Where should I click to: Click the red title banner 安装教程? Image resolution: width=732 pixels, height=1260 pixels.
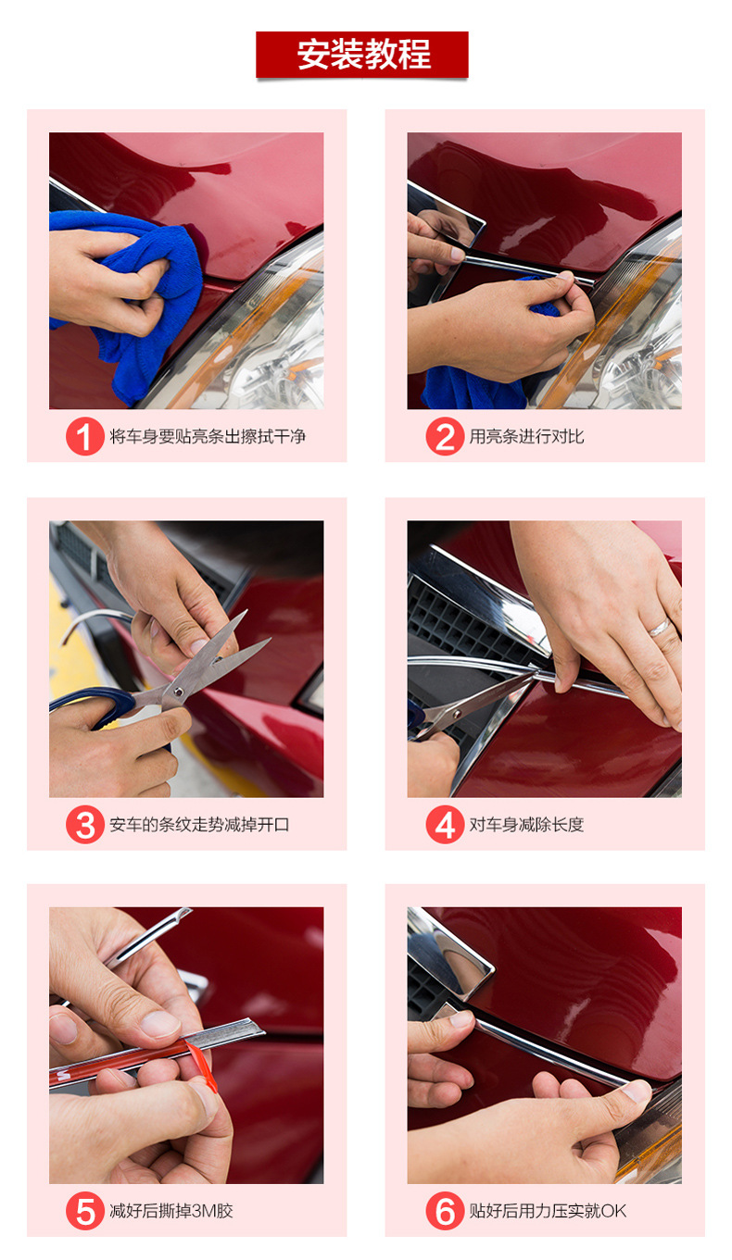click(x=362, y=55)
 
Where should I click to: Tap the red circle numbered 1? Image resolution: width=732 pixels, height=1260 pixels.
click(x=84, y=436)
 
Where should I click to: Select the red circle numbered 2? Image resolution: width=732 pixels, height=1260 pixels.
click(x=445, y=436)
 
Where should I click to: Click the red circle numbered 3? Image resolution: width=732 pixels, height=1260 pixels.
click(x=84, y=825)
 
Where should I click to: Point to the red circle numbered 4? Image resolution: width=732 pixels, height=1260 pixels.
click(x=445, y=825)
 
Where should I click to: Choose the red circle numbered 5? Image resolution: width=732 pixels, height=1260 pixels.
click(x=84, y=1211)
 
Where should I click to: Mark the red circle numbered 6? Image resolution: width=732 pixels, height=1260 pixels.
click(x=445, y=1211)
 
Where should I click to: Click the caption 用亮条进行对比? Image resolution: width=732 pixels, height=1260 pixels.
click(x=526, y=436)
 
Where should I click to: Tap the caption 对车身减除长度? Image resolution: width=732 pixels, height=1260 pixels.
click(x=526, y=825)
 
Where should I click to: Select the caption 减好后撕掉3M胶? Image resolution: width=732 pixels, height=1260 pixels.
click(x=171, y=1211)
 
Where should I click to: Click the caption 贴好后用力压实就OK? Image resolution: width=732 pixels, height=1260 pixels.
click(x=548, y=1211)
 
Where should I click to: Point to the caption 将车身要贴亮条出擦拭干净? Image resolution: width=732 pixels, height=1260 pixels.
click(x=208, y=436)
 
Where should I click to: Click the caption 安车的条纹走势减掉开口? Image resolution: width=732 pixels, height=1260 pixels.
click(x=199, y=825)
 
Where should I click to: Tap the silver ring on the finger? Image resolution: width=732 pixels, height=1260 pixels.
click(x=660, y=628)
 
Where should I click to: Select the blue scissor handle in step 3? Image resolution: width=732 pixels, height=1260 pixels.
click(x=95, y=707)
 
